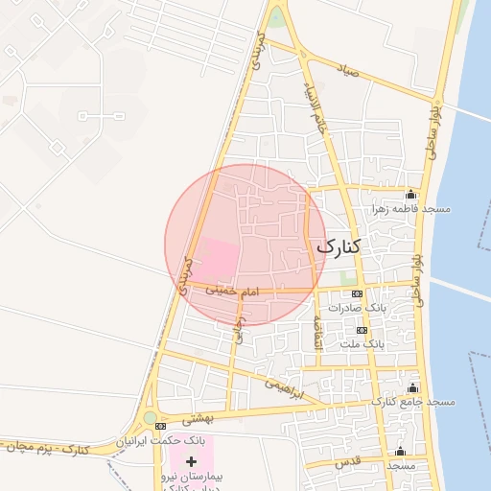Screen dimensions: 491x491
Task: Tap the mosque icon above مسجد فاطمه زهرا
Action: coord(411,194)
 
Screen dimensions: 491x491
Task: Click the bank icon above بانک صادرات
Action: coord(358,293)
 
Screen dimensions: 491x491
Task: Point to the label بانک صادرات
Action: coord(356,308)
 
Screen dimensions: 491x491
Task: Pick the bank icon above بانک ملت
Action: coord(362,329)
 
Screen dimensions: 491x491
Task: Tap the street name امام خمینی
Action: coord(213,288)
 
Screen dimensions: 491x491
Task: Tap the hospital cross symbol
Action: coord(191,462)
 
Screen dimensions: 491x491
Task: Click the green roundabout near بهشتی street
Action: coord(150,419)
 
